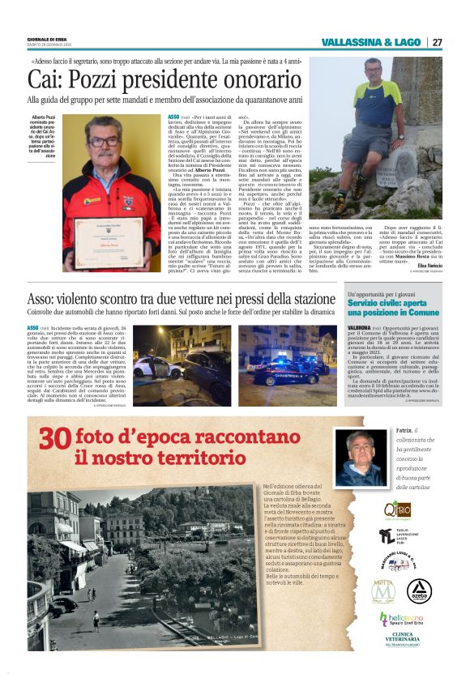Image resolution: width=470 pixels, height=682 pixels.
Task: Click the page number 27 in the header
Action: click(437, 42)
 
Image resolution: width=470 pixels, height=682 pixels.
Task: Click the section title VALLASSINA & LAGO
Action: click(372, 42)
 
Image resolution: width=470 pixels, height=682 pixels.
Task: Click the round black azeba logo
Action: click(418, 590)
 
